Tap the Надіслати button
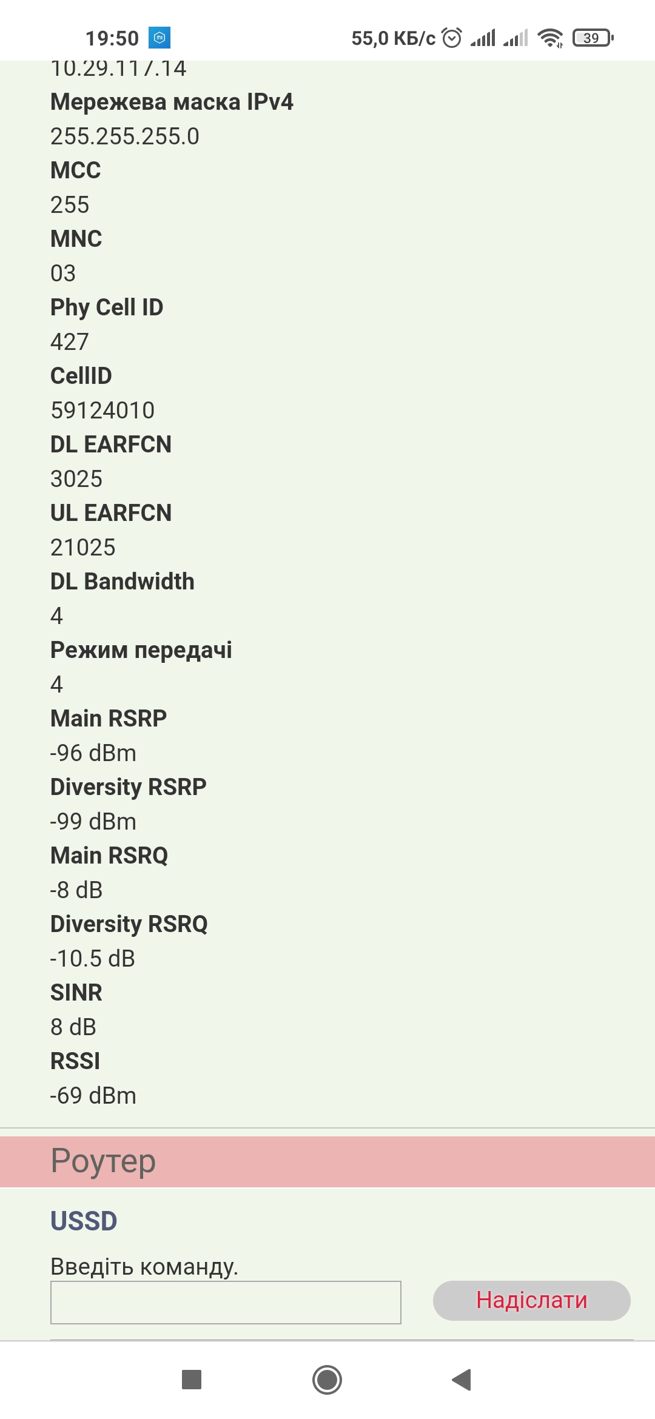click(531, 1300)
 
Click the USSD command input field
click(226, 1302)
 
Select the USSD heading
click(84, 1221)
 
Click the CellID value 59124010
click(102, 411)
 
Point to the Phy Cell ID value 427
click(70, 342)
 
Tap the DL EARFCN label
click(111, 444)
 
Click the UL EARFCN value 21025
click(83, 548)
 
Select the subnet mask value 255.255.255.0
click(125, 136)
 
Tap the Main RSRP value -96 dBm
click(93, 753)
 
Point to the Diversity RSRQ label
click(129, 924)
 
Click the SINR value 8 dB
click(73, 1027)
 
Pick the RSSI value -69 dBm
click(93, 1096)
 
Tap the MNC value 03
click(63, 273)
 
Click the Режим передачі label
click(141, 650)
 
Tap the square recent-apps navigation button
click(192, 1380)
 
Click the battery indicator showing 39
click(593, 38)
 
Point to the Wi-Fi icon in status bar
click(550, 38)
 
